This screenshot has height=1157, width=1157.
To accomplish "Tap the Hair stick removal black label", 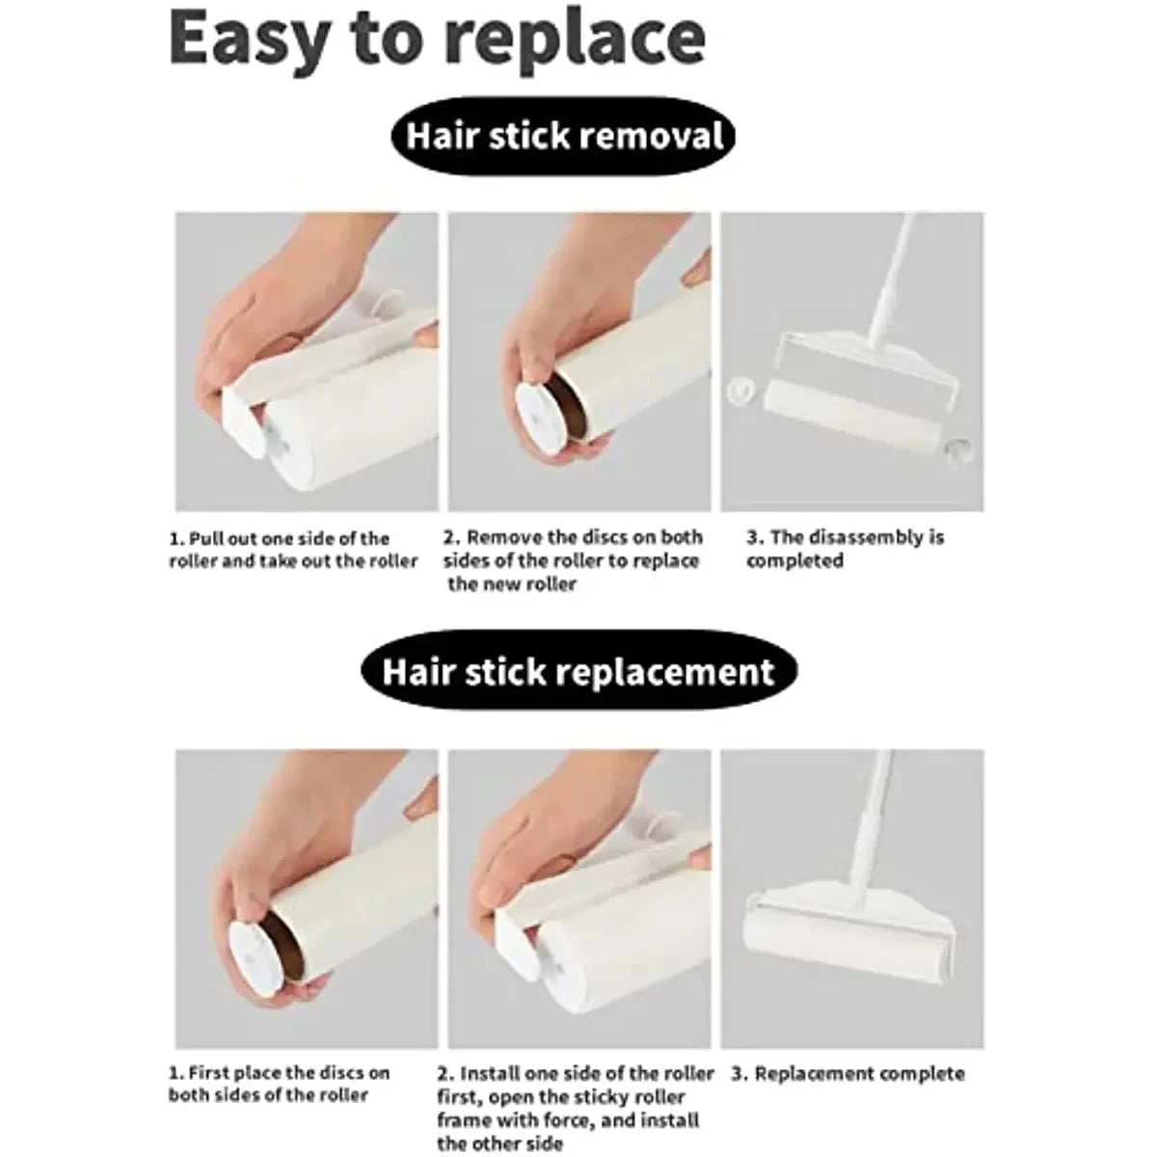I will coord(564,135).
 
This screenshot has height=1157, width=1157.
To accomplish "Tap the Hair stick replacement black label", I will coord(578,671).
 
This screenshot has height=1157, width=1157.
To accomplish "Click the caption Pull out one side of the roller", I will coord(293,550).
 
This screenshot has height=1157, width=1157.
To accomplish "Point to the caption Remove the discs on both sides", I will coord(573,560).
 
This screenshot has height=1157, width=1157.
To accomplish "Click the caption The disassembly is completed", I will coord(845,549).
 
